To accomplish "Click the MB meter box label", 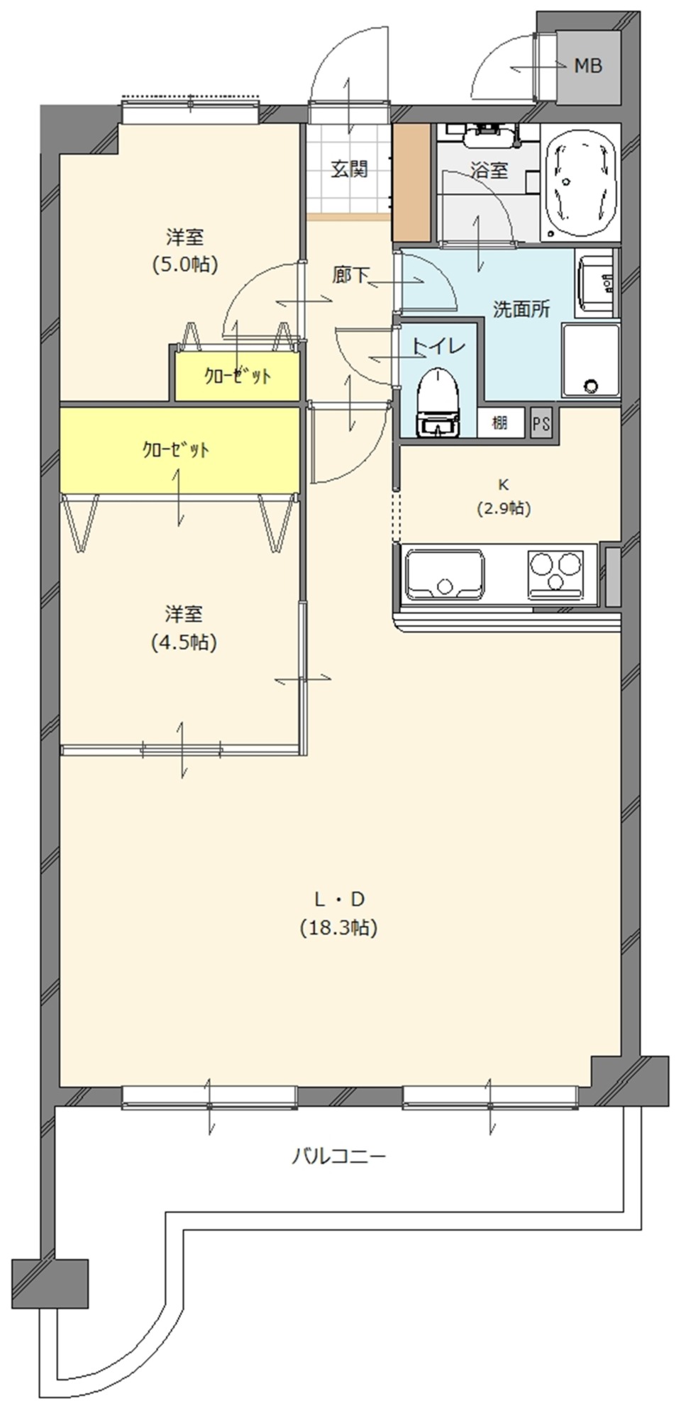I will click(x=587, y=66).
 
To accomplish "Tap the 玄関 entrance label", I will click(x=349, y=169).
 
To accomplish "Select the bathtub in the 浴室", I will click(x=581, y=181).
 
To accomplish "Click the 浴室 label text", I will click(x=489, y=170).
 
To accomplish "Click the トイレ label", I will click(x=438, y=346).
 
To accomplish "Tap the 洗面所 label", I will click(x=521, y=309).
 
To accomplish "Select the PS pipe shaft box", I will click(x=541, y=424).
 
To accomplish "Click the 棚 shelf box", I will click(x=500, y=423).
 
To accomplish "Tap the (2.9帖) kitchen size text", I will click(x=503, y=508).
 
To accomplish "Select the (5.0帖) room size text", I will click(x=184, y=264).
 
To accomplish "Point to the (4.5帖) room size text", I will click(x=183, y=642).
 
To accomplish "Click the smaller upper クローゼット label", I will click(x=238, y=376).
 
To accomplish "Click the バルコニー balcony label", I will click(x=339, y=1157).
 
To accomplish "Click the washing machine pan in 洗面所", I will click(x=590, y=359).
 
